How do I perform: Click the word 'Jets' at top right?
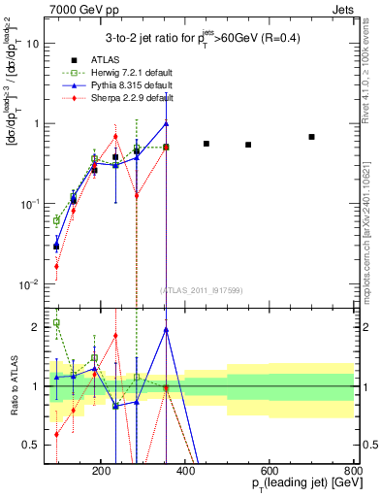(342, 8)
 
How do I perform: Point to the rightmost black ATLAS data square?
(311, 137)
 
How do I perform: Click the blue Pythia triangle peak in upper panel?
(167, 123)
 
